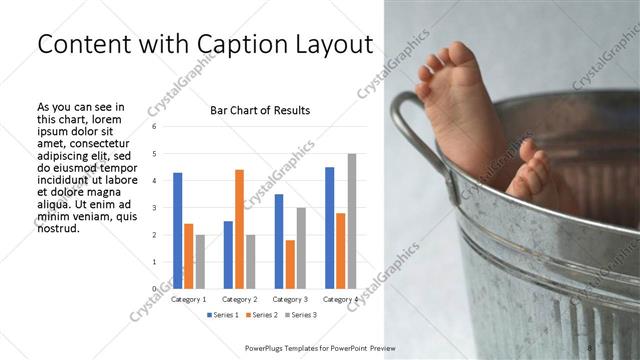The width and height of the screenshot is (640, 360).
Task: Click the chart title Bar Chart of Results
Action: click(259, 110)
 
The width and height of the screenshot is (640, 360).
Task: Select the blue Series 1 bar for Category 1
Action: click(177, 230)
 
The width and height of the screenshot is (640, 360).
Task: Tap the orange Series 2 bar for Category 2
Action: click(239, 229)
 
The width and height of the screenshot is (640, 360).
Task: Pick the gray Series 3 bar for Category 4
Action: click(352, 221)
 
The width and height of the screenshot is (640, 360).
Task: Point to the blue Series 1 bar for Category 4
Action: click(329, 227)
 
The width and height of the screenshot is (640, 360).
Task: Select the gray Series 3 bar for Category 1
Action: click(200, 261)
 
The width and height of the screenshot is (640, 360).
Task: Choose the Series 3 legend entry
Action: click(302, 315)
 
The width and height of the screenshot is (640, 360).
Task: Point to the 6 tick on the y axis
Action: click(154, 127)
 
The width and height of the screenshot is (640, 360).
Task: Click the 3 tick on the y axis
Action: click(154, 208)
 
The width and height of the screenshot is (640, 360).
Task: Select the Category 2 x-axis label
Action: click(239, 299)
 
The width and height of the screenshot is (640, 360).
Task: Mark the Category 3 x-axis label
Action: click(290, 299)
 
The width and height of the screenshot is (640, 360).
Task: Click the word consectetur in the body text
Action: click(98, 143)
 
